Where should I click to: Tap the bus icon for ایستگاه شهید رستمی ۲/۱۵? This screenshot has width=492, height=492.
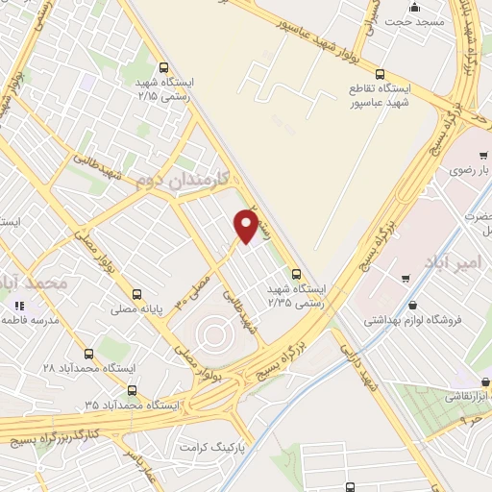163,68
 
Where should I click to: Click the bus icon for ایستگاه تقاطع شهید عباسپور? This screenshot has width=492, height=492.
381,73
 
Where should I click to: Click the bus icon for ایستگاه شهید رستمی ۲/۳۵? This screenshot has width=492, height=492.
296,273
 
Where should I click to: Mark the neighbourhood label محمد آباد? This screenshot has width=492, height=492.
37,283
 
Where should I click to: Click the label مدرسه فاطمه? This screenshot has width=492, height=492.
46,320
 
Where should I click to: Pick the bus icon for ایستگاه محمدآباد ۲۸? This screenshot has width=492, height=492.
89,354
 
